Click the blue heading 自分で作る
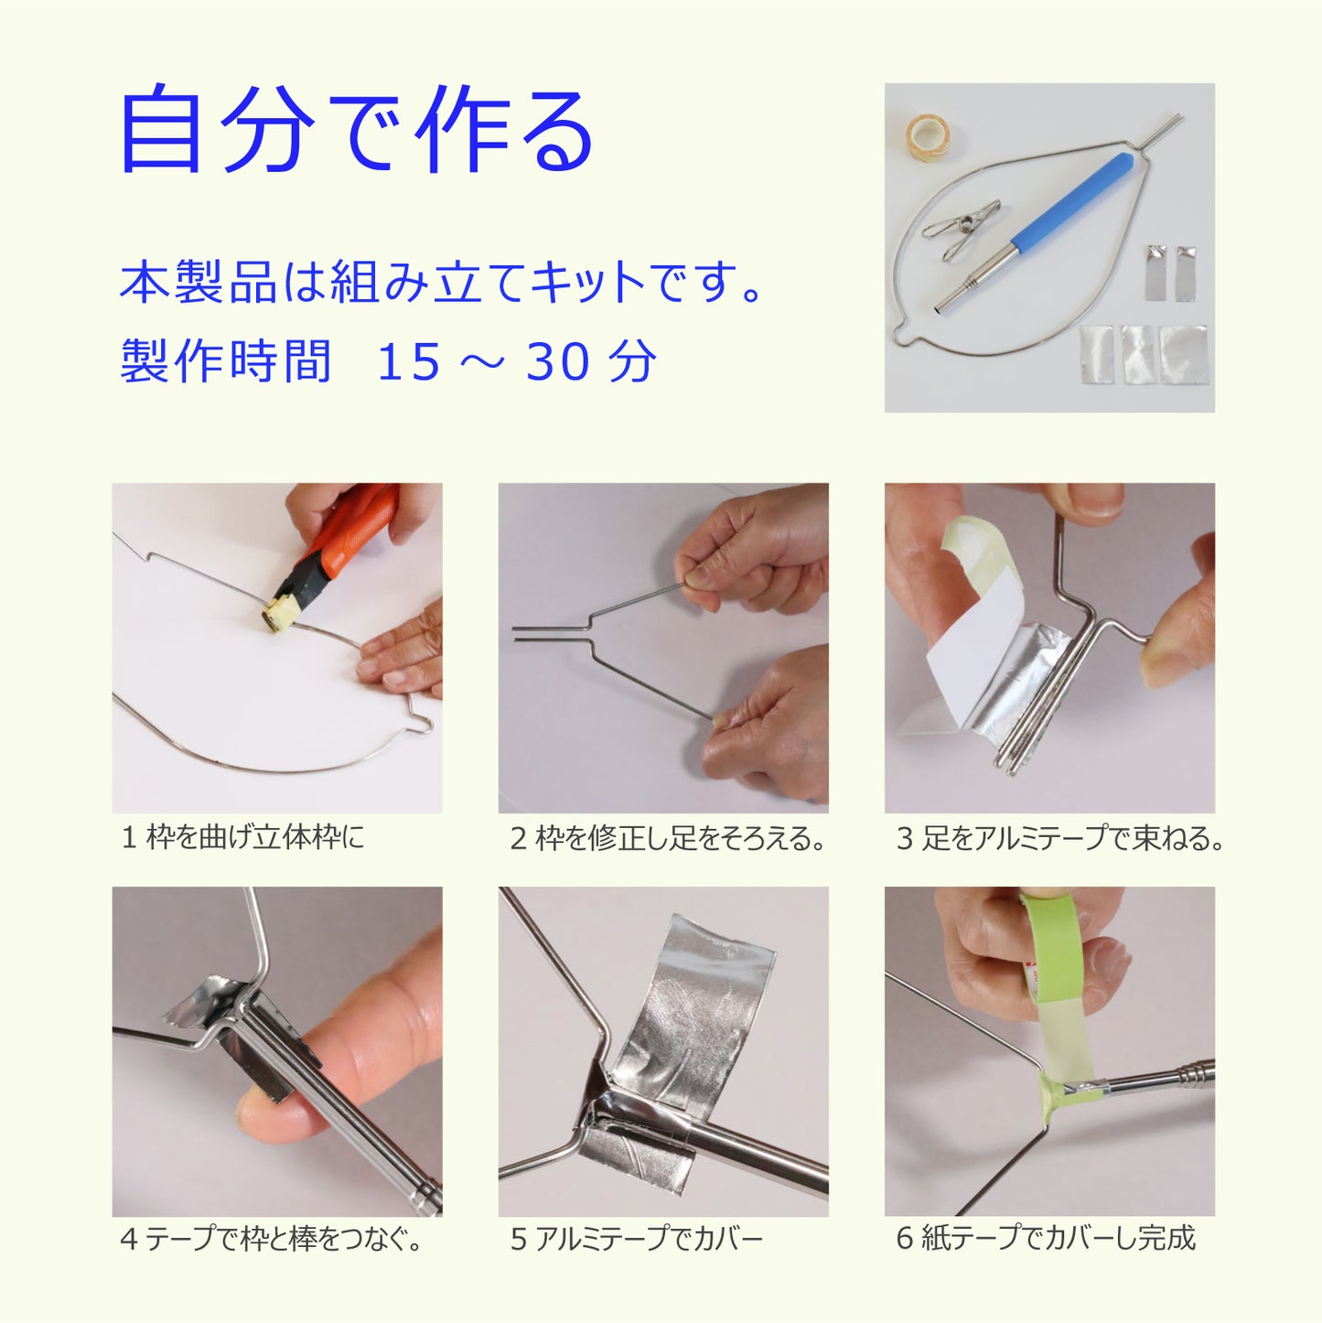[357, 128]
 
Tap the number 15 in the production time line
[409, 362]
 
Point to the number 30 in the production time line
[557, 362]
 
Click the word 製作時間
[225, 362]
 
